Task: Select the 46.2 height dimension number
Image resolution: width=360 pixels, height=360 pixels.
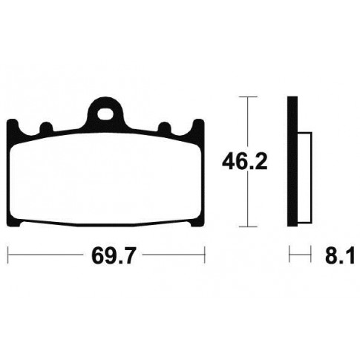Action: coord(244,162)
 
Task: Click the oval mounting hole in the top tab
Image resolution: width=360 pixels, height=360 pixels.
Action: coord(105,114)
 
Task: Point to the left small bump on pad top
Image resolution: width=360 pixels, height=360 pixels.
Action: coord(47,127)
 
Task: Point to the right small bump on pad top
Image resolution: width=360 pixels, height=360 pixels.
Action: coord(165,127)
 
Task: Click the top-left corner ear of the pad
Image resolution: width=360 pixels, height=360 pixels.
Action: coord(13,126)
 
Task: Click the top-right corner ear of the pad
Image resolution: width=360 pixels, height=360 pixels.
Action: coord(198,126)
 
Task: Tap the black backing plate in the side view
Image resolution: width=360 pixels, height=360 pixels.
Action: coord(292,161)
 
